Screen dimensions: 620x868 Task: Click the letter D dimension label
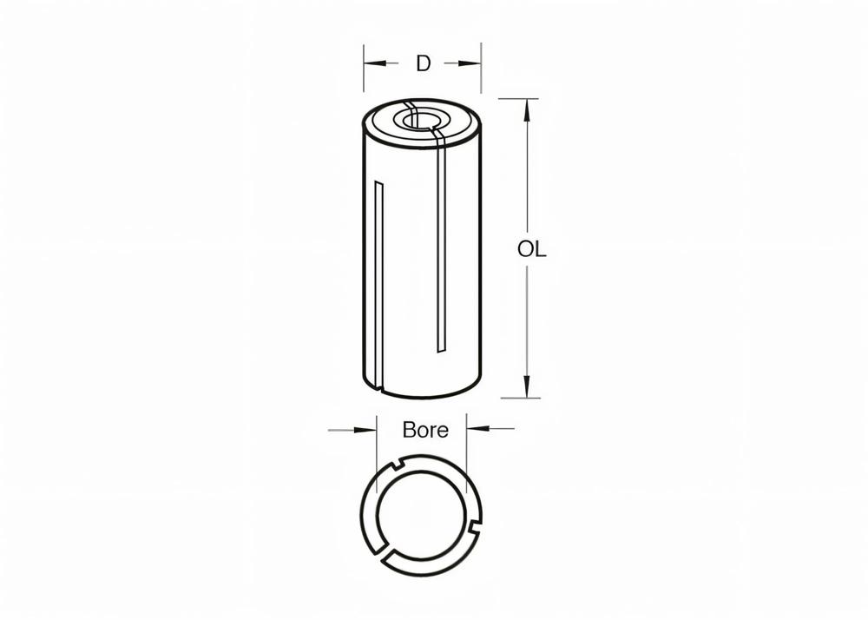pyautogui.click(x=423, y=63)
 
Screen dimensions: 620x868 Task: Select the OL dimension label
pyautogui.click(x=531, y=249)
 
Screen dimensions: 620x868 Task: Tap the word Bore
pyautogui.click(x=425, y=430)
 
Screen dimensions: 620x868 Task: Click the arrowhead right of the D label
pyautogui.click(x=474, y=63)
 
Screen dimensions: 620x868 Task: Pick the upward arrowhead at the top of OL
pyautogui.click(x=526, y=107)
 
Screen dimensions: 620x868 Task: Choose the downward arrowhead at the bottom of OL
pyautogui.click(x=526, y=390)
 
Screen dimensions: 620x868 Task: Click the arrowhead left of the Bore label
pyautogui.click(x=369, y=428)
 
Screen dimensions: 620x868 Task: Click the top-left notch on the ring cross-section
pyautogui.click(x=395, y=469)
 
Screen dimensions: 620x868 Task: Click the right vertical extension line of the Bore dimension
pyautogui.click(x=467, y=452)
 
